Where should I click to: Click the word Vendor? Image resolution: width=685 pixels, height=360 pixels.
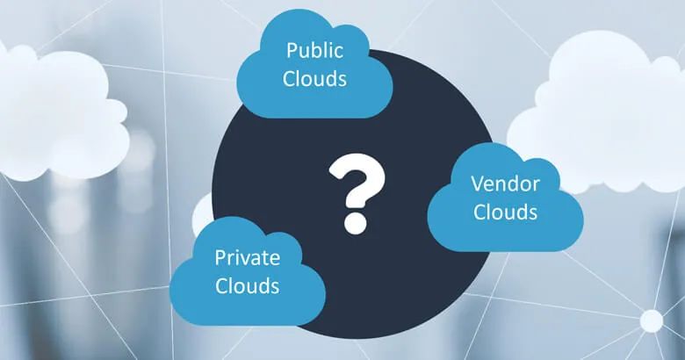504,185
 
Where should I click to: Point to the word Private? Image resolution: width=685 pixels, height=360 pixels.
247,258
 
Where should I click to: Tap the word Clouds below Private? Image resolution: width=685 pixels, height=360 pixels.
247,285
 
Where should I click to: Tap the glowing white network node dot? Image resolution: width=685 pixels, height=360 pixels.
651,320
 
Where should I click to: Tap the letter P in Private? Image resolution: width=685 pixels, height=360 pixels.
220,258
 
